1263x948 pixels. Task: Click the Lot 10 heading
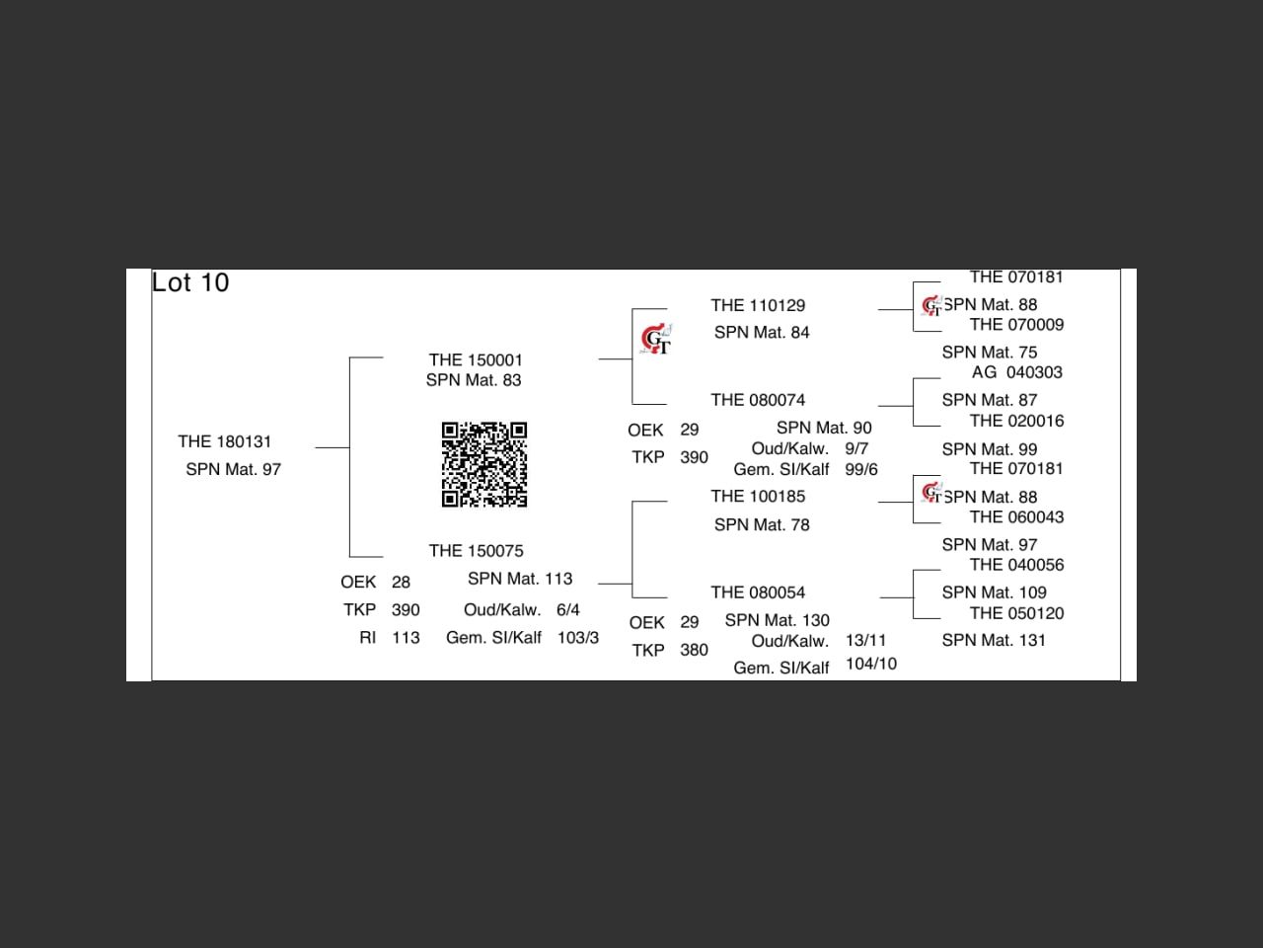(x=190, y=282)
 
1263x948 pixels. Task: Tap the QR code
(x=483, y=464)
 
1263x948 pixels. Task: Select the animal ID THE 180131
(x=225, y=441)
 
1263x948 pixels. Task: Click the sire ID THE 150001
(x=476, y=360)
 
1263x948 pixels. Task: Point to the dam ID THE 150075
(x=476, y=551)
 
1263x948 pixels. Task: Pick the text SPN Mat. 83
(x=474, y=380)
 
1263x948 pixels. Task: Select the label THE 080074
(x=758, y=400)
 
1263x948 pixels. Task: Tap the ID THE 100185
(x=758, y=497)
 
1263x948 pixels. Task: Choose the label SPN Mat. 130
(x=777, y=620)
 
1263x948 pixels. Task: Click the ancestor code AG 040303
(x=1016, y=372)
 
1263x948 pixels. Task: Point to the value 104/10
(x=870, y=664)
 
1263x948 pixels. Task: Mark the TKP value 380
(x=694, y=650)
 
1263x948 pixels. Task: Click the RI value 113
(x=406, y=638)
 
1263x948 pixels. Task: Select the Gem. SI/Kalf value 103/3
(x=577, y=638)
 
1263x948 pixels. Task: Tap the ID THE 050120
(x=1016, y=613)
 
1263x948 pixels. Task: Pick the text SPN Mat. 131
(x=994, y=640)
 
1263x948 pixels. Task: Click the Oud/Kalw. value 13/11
(x=865, y=640)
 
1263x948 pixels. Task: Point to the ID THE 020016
(x=1016, y=421)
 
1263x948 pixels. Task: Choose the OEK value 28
(x=401, y=583)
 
